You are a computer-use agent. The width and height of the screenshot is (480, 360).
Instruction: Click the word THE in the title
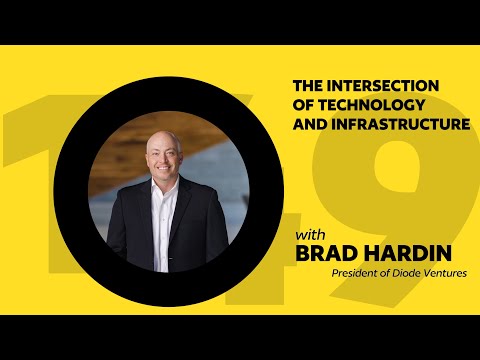pyautogui.click(x=306, y=86)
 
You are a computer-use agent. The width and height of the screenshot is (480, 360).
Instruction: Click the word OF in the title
pyautogui.click(x=304, y=105)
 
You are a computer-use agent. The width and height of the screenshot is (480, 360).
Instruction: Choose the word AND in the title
pyautogui.click(x=311, y=125)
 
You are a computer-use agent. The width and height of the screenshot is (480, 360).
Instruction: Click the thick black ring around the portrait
pyautogui.click(x=75, y=190)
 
